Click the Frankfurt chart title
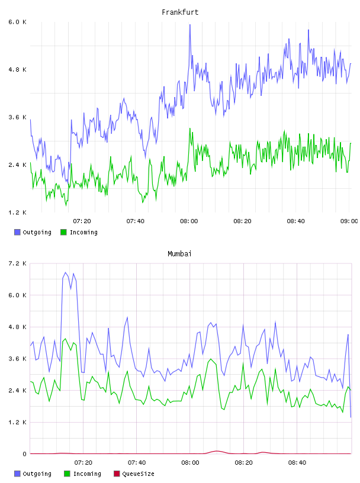click(x=180, y=12)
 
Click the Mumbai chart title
click(x=179, y=254)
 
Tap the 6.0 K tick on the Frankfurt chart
click(x=17, y=22)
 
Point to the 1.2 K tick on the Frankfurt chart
click(x=17, y=212)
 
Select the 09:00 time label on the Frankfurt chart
click(x=349, y=221)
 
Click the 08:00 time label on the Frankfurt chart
click(x=189, y=221)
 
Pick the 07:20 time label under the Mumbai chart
click(x=83, y=463)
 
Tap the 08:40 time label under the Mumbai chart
click(x=297, y=463)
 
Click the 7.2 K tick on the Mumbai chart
click(x=17, y=263)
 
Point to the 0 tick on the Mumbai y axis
click(x=24, y=454)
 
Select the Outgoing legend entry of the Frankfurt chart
click(x=33, y=232)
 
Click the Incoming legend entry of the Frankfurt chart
click(x=79, y=232)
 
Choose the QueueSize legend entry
click(x=134, y=474)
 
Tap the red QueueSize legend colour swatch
click(x=117, y=474)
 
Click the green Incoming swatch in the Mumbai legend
click(x=67, y=474)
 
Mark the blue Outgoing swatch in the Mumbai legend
click(x=17, y=474)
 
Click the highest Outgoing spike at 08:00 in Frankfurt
click(x=190, y=25)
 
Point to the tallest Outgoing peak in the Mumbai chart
click(x=65, y=272)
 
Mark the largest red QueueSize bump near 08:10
click(x=217, y=451)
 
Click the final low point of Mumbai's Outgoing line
click(x=351, y=417)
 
